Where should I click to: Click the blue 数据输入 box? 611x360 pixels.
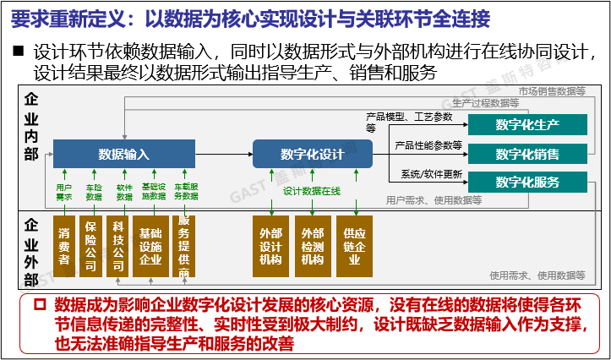[x=123, y=155]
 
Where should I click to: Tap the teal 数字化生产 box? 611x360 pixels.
[x=527, y=125]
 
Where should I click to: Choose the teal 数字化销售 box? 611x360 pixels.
[x=527, y=154]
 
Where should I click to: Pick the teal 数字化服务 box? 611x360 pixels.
[x=527, y=182]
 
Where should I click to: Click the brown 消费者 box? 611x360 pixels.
[x=64, y=246]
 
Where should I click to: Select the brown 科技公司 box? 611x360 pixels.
[x=119, y=246]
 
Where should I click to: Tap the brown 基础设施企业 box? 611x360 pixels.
[x=150, y=246]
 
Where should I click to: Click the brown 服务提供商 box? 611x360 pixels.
[x=183, y=246]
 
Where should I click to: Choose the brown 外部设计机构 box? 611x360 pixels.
[x=270, y=246]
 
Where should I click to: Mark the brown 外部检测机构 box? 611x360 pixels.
[x=312, y=246]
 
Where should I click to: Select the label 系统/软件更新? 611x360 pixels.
[x=432, y=175]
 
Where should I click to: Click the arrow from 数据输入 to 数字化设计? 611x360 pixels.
[x=223, y=154]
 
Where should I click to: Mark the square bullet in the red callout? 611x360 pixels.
[x=40, y=303]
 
